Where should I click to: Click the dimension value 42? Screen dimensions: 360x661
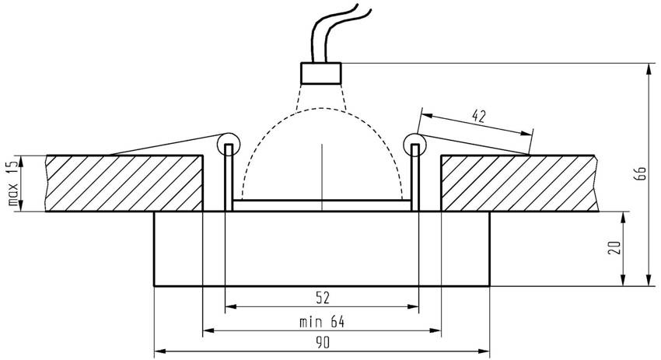pyautogui.click(x=479, y=117)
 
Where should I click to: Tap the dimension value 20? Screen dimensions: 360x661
pyautogui.click(x=615, y=248)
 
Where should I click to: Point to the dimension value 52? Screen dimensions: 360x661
pyautogui.click(x=322, y=296)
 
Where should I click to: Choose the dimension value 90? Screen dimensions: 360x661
pyautogui.click(x=322, y=343)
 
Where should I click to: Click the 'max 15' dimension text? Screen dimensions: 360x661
pyautogui.click(x=12, y=184)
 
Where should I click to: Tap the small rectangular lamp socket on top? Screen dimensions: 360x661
pyautogui.click(x=321, y=73)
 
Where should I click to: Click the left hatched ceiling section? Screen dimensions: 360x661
pyautogui.click(x=124, y=183)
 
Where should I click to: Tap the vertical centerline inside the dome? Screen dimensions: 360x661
pyautogui.click(x=321, y=171)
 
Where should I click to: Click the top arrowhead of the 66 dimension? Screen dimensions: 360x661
pyautogui.click(x=648, y=69)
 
